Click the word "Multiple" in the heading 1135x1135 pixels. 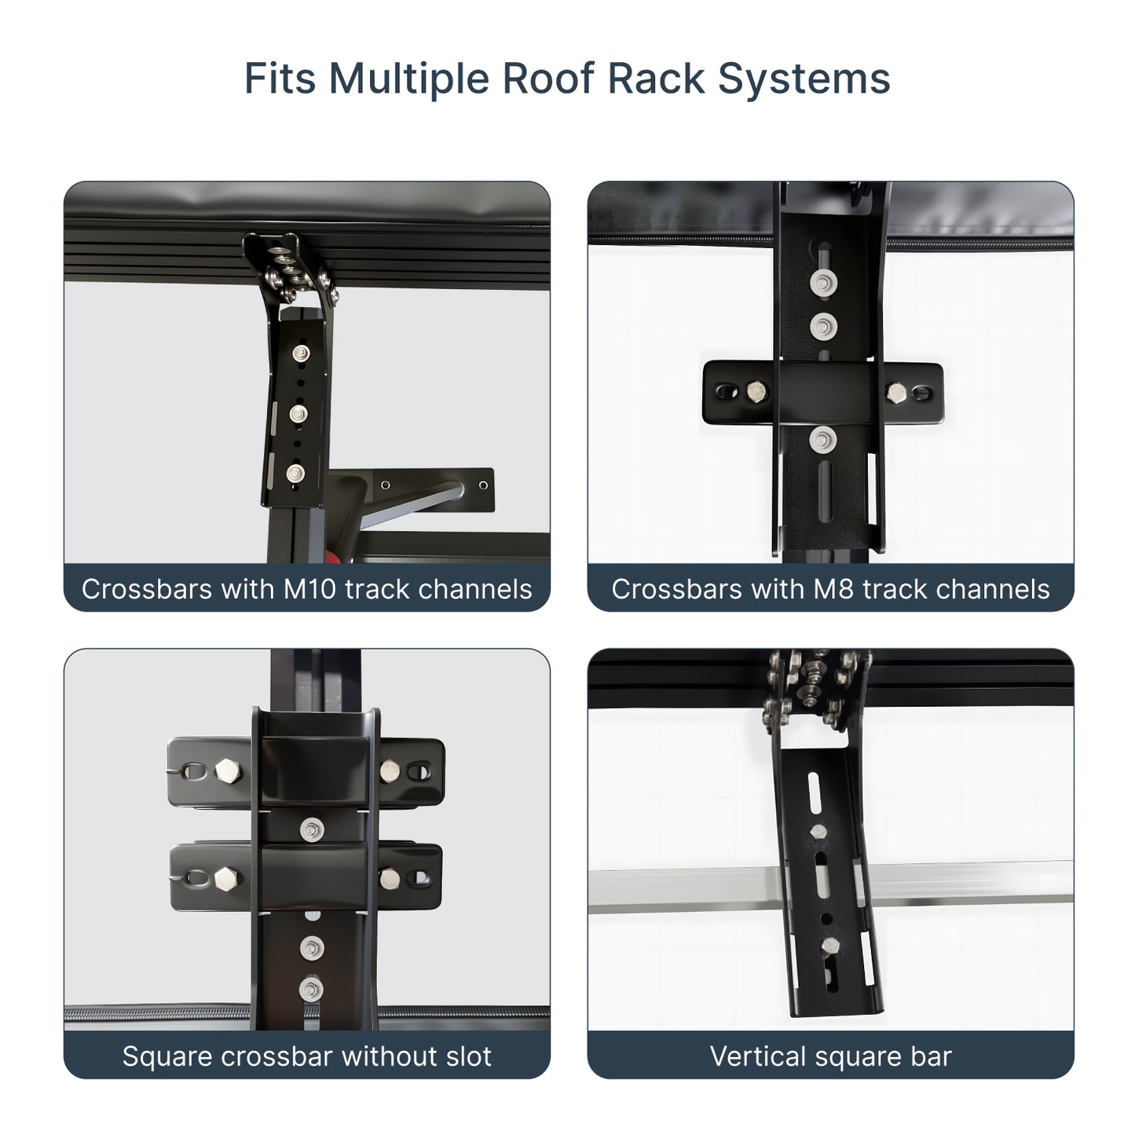(x=407, y=79)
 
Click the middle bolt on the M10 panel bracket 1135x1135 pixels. (x=298, y=412)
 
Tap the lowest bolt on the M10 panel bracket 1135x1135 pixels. (x=295, y=473)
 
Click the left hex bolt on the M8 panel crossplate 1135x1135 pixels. (x=757, y=391)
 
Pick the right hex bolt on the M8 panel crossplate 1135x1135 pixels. (x=896, y=391)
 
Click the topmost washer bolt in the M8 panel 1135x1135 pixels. (x=822, y=283)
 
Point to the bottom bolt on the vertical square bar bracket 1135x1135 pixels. (x=829, y=947)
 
